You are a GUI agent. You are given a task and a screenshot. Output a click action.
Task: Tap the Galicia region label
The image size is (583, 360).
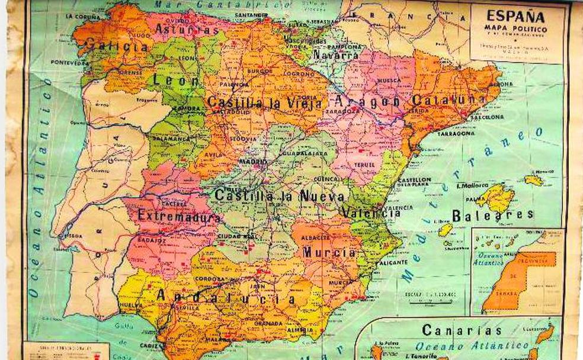pyautogui.click(x=116, y=45)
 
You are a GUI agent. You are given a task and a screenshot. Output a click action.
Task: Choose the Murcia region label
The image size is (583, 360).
pyautogui.click(x=329, y=252)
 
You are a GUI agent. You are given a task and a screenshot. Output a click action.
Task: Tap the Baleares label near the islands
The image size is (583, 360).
pyautogui.click(x=492, y=214)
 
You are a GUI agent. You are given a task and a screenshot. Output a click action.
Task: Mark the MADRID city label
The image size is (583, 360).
pyautogui.click(x=253, y=162)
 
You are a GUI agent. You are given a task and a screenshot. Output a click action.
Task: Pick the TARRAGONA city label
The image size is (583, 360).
pyautogui.click(x=456, y=134)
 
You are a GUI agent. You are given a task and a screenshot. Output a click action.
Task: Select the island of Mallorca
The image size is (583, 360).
pyautogui.click(x=495, y=197)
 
